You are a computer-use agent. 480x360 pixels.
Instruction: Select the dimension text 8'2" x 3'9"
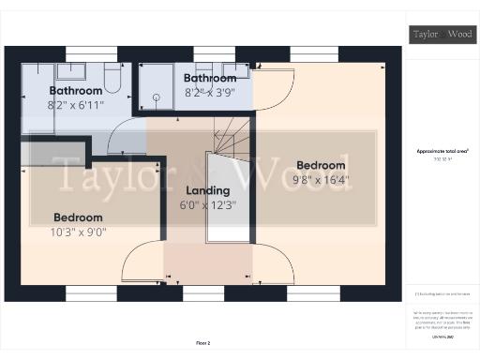pos(209,92)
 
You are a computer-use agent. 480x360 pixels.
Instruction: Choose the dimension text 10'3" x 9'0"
pos(80,230)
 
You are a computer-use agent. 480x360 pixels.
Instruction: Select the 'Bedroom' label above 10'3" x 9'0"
pos(80,216)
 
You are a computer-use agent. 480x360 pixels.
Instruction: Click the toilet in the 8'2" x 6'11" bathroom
pos(112,79)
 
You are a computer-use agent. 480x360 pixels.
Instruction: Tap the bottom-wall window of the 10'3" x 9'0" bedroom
pos(92,292)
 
